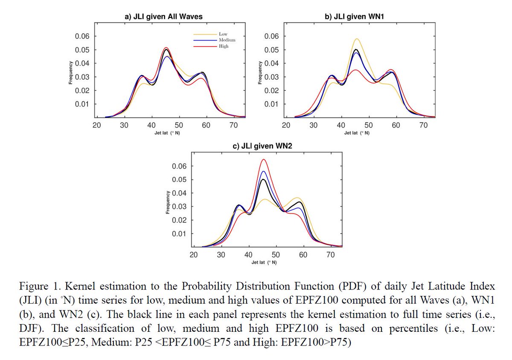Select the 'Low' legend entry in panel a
pyautogui.click(x=223, y=34)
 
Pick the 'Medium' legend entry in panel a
pyautogui.click(x=227, y=40)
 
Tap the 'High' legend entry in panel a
pyautogui.click(x=223, y=46)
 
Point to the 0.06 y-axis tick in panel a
pyautogui.click(x=82, y=36)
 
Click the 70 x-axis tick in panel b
pyautogui.click(x=423, y=126)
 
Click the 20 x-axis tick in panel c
pyautogui.click(x=194, y=255)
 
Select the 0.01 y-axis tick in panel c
pyautogui.click(x=179, y=234)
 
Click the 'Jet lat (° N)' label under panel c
pyautogui.click(x=264, y=262)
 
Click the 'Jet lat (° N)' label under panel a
pyautogui.click(x=166, y=132)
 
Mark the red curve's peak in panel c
pyautogui.click(x=264, y=159)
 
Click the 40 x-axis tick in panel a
pyautogui.click(x=151, y=126)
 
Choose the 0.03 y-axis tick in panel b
pyautogui.click(x=272, y=77)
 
